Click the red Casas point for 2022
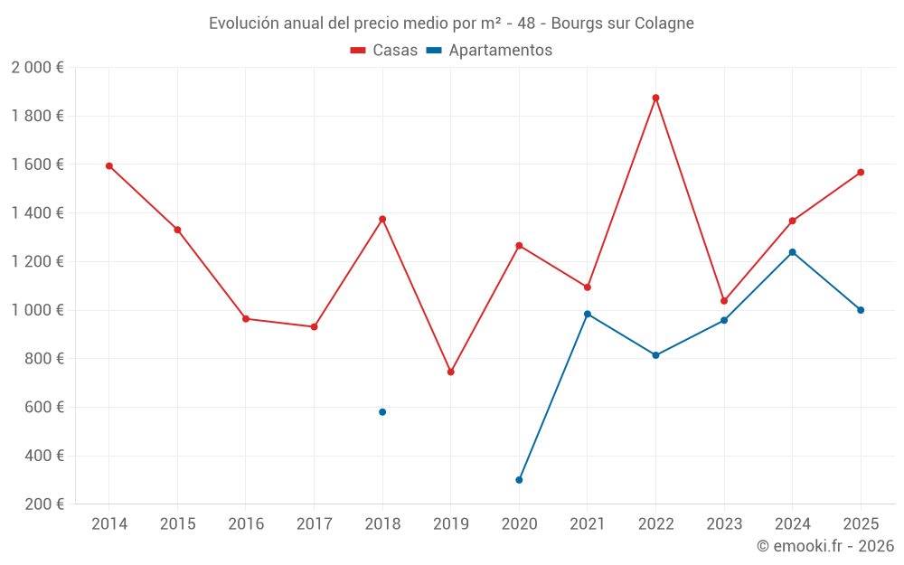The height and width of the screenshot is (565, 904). [x=655, y=98]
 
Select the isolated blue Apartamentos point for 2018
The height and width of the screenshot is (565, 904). [x=382, y=412]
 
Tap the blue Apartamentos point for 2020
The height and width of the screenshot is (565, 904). [x=519, y=480]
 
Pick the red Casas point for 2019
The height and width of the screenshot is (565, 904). [x=450, y=372]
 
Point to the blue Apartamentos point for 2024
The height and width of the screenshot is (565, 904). [x=792, y=252]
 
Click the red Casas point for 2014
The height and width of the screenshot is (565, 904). [x=109, y=166]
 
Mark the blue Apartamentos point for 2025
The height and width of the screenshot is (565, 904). [x=861, y=310]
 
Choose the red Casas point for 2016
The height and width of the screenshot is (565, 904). [x=246, y=319]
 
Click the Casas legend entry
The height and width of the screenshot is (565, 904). [x=384, y=51]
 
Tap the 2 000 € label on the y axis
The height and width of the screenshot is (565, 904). [x=37, y=68]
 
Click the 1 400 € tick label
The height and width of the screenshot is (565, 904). [x=37, y=213]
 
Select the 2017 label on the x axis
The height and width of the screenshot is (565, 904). [x=314, y=524]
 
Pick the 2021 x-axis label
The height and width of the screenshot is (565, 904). [x=588, y=524]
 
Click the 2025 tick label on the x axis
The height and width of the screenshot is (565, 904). [x=861, y=524]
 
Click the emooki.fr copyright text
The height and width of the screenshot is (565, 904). [x=825, y=546]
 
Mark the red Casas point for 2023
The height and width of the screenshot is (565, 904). [x=724, y=301]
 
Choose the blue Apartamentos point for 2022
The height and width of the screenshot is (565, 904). [x=655, y=355]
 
